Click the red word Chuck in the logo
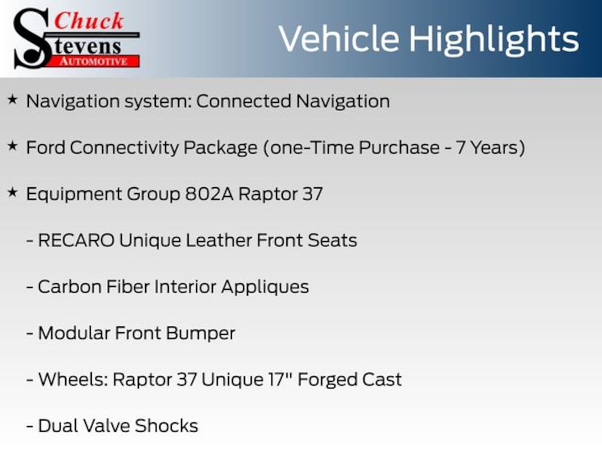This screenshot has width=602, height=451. (89, 21)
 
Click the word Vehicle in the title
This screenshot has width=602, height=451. (339, 39)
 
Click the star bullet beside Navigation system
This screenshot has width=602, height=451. (13, 100)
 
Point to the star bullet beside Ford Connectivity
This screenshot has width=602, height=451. (13, 146)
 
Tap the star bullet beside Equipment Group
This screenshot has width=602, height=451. (13, 193)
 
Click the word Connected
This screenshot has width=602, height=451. (243, 101)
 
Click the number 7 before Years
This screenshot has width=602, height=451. (460, 147)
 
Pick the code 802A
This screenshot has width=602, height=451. (209, 194)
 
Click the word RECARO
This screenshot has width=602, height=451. (76, 240)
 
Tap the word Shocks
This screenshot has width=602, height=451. (166, 426)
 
